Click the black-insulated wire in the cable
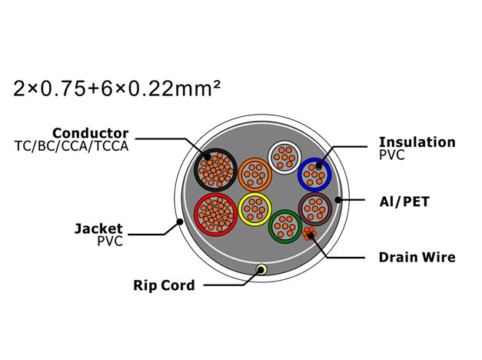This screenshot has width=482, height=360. [215, 170]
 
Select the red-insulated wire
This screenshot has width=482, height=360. [215, 215]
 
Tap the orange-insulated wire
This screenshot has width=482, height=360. [254, 175]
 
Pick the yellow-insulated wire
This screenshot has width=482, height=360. [254, 209]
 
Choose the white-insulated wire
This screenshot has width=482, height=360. [284, 158]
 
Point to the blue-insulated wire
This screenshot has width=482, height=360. [314, 175]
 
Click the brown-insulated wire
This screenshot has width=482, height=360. [315, 209]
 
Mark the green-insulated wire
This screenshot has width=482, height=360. [285, 227]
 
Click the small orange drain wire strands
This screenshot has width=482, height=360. [309, 234]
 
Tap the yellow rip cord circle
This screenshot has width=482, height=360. [261, 270]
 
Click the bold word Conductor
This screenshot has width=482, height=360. [91, 133]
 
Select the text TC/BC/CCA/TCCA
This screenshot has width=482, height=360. [71, 146]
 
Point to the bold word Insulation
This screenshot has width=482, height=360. [417, 142]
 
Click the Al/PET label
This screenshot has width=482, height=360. [404, 202]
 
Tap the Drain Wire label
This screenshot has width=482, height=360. [417, 257]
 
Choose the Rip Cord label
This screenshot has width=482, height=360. [164, 285]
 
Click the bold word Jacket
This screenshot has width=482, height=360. [98, 228]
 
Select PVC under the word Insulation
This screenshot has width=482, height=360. [392, 155]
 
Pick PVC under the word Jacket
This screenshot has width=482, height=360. [110, 242]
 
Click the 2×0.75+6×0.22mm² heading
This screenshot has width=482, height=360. [117, 88]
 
